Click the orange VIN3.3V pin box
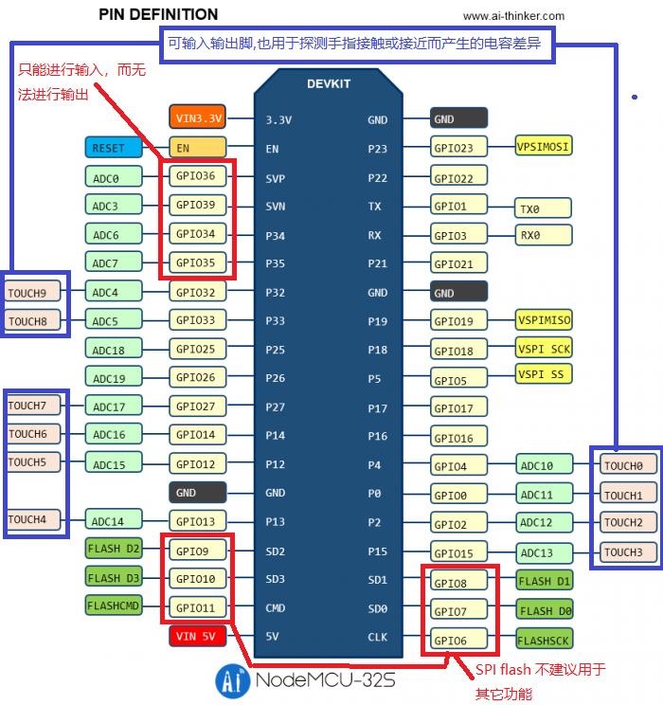pyautogui.click(x=198, y=118)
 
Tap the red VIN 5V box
pyautogui.click(x=198, y=636)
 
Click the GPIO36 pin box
pyautogui.click(x=197, y=175)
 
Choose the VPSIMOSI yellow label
pyautogui.click(x=544, y=146)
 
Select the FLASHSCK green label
pyautogui.click(x=545, y=639)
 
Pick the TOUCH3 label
pyautogui.click(x=624, y=551)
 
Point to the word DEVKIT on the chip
pyautogui.click(x=329, y=83)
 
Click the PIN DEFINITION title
pyautogui.click(x=158, y=14)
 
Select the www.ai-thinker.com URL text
pyautogui.click(x=513, y=15)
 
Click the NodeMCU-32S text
pyautogui.click(x=323, y=680)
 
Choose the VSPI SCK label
pyautogui.click(x=545, y=348)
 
